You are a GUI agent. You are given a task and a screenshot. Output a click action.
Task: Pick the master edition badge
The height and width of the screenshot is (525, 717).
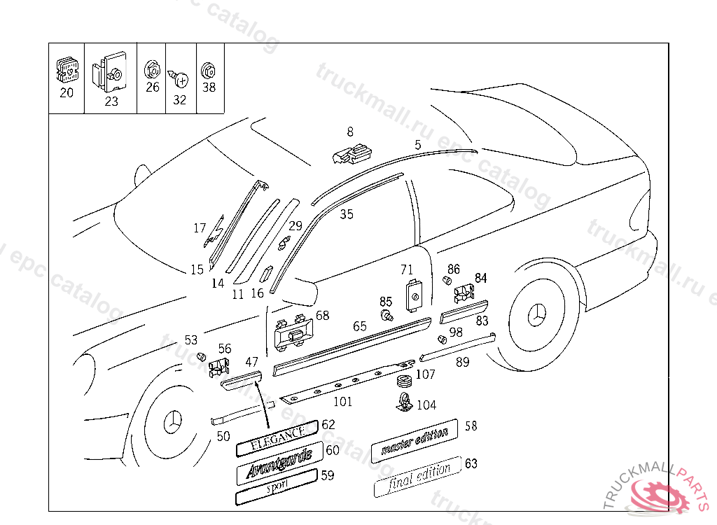coord(414,442)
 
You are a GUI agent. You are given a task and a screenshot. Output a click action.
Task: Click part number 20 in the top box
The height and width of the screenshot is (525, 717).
coord(67,92)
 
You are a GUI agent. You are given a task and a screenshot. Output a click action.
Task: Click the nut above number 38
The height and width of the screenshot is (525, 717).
coord(208,71)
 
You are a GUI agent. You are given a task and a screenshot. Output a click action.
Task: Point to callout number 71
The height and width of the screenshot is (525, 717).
coord(407,269)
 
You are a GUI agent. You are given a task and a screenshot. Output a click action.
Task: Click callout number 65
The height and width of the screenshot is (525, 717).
coord(360,326)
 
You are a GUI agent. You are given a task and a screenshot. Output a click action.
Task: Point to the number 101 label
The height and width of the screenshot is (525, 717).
coord(342,402)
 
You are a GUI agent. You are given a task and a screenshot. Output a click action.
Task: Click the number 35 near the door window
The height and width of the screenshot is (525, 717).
coord(347,215)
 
